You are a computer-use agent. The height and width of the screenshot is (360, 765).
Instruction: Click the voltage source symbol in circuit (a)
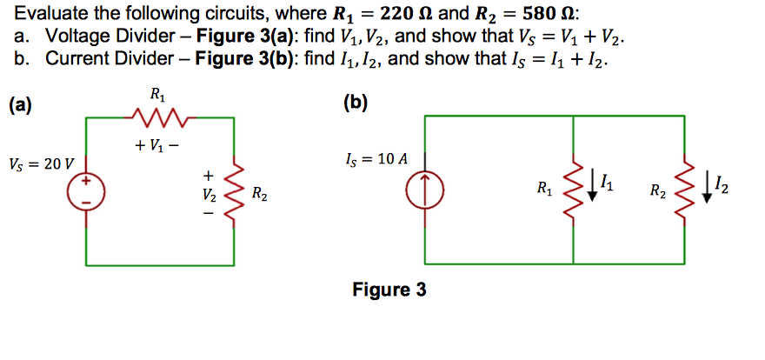[86, 190]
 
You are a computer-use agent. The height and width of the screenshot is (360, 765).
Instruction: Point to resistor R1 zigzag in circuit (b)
[574, 188]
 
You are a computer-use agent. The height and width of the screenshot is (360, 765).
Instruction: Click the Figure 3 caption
[389, 290]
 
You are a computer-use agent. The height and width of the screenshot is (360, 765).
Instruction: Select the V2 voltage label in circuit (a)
[208, 193]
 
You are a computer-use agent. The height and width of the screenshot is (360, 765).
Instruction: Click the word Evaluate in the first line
[51, 15]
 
